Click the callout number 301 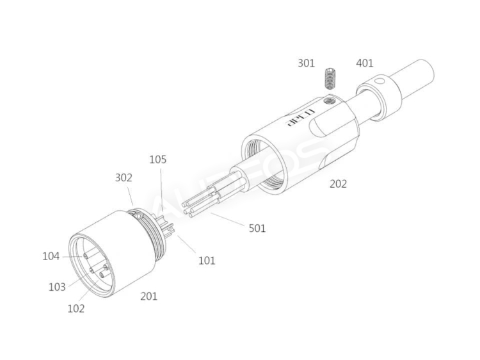(x=306, y=63)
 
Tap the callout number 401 (x=364, y=63)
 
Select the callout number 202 (x=338, y=184)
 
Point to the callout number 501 (x=257, y=228)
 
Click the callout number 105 (x=158, y=160)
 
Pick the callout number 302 (x=124, y=178)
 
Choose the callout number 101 (x=207, y=261)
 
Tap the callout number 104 (x=51, y=256)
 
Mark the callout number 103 (x=57, y=287)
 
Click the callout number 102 (x=76, y=308)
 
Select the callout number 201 (x=148, y=296)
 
